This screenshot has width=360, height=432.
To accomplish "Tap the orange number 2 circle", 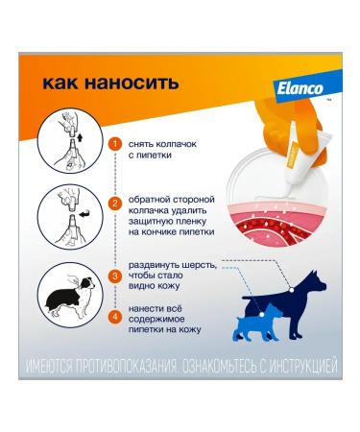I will point(115,203).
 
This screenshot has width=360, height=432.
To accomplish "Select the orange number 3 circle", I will point(115,276).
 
